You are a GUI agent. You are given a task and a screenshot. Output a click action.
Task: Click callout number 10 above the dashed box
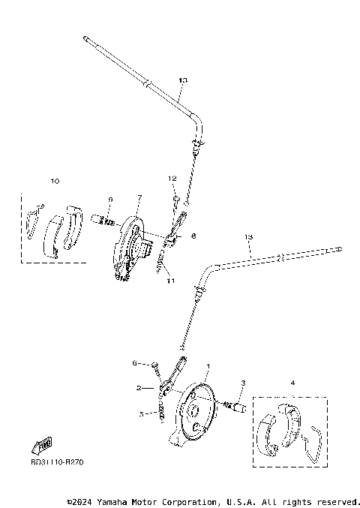tap(54, 180)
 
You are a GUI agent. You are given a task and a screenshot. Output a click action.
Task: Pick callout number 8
tap(193, 236)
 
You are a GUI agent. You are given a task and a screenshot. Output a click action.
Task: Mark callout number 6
tap(135, 362)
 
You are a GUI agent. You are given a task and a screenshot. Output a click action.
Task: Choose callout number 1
tap(208, 367)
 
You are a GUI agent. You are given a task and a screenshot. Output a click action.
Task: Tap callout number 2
tap(139, 388)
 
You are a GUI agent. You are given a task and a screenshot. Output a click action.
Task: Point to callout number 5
tap(140, 413)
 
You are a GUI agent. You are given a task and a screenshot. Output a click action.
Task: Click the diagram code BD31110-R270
tap(57, 463)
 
